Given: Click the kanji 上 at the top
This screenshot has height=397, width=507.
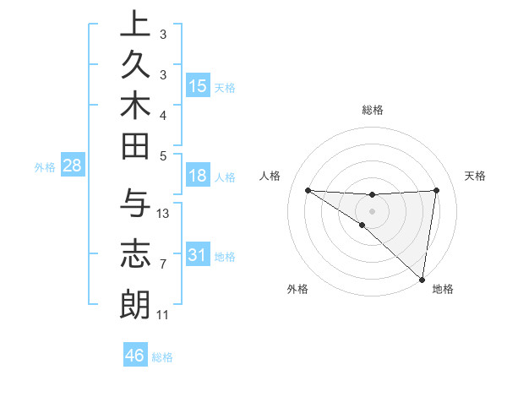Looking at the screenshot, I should click(x=135, y=24).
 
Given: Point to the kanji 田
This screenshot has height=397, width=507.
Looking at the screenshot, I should click(x=135, y=149).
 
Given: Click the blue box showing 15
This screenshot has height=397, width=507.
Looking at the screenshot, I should click(x=198, y=86).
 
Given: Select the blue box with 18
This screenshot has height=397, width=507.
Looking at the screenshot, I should click(x=198, y=176).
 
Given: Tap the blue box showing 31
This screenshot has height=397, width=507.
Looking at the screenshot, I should click(x=198, y=255).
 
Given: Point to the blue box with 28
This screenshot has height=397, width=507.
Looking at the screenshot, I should click(x=72, y=166).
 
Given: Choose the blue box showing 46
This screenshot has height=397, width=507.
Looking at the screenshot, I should click(x=135, y=356).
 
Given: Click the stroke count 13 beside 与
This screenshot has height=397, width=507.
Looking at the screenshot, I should click(x=163, y=213).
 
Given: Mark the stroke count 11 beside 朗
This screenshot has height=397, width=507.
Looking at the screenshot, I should click(x=163, y=315).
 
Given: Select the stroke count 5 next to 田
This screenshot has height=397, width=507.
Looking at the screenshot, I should click(x=163, y=155).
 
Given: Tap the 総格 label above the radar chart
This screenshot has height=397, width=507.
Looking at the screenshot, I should click(x=373, y=110).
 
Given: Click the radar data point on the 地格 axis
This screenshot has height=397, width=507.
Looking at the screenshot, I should click(x=422, y=279).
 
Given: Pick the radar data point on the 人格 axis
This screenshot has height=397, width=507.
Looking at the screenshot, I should click(x=308, y=190).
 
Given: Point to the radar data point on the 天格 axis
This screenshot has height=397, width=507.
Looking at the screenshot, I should click(x=436, y=190).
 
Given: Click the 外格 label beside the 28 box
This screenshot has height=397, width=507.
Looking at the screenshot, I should click(x=45, y=166).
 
